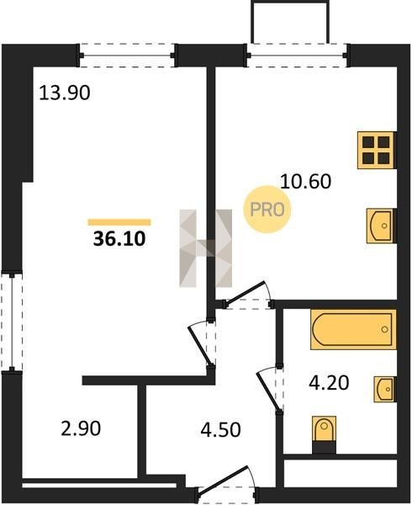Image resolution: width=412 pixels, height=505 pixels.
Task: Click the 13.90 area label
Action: pyautogui.click(x=65, y=93)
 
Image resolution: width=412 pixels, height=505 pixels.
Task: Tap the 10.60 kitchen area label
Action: pyautogui.click(x=305, y=181)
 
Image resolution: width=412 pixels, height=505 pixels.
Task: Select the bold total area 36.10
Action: pyautogui.click(x=119, y=239)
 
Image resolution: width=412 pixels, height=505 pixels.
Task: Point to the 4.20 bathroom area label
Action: pyautogui.click(x=329, y=383)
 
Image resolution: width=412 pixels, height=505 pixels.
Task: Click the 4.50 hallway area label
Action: pyautogui.click(x=220, y=429)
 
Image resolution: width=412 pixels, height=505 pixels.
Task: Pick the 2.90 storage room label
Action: pyautogui.click(x=81, y=429)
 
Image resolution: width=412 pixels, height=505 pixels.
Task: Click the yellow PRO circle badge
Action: pyautogui.click(x=267, y=210)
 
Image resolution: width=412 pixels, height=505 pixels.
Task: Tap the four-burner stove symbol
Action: pyautogui.click(x=377, y=150)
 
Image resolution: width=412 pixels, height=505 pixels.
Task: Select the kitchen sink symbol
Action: pyautogui.click(x=381, y=226)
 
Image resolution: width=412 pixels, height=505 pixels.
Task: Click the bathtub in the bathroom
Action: pyautogui.click(x=353, y=329)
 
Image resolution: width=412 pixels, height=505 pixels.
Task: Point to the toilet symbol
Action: pyautogui.click(x=325, y=434)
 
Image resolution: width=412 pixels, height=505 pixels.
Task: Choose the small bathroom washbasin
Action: pyautogui.click(x=385, y=389)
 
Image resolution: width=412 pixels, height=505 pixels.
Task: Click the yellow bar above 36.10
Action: pyautogui.click(x=119, y=222)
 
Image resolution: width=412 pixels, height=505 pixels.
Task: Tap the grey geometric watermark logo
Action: pyautogui.click(x=206, y=248)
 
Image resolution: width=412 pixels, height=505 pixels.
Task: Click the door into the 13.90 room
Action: pyautogui.click(x=202, y=343)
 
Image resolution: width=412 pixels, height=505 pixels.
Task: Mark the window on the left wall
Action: pyautogui.click(x=12, y=322)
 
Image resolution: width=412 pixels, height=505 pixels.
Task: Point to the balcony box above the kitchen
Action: pyautogui.click(x=290, y=22)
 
